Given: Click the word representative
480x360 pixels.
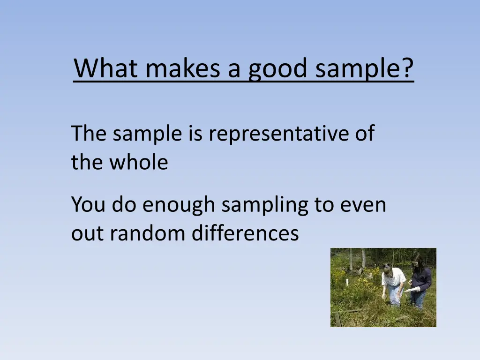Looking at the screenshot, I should pyautogui.click(x=279, y=134).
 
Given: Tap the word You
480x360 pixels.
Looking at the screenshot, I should pyautogui.click(x=89, y=205).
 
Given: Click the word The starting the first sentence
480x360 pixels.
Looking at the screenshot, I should pyautogui.click(x=89, y=134).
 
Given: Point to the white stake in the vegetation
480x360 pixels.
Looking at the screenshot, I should pyautogui.click(x=347, y=282).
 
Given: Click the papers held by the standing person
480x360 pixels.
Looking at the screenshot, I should pyautogui.click(x=413, y=290).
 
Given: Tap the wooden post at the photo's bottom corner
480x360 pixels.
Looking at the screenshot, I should pyautogui.click(x=337, y=320).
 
